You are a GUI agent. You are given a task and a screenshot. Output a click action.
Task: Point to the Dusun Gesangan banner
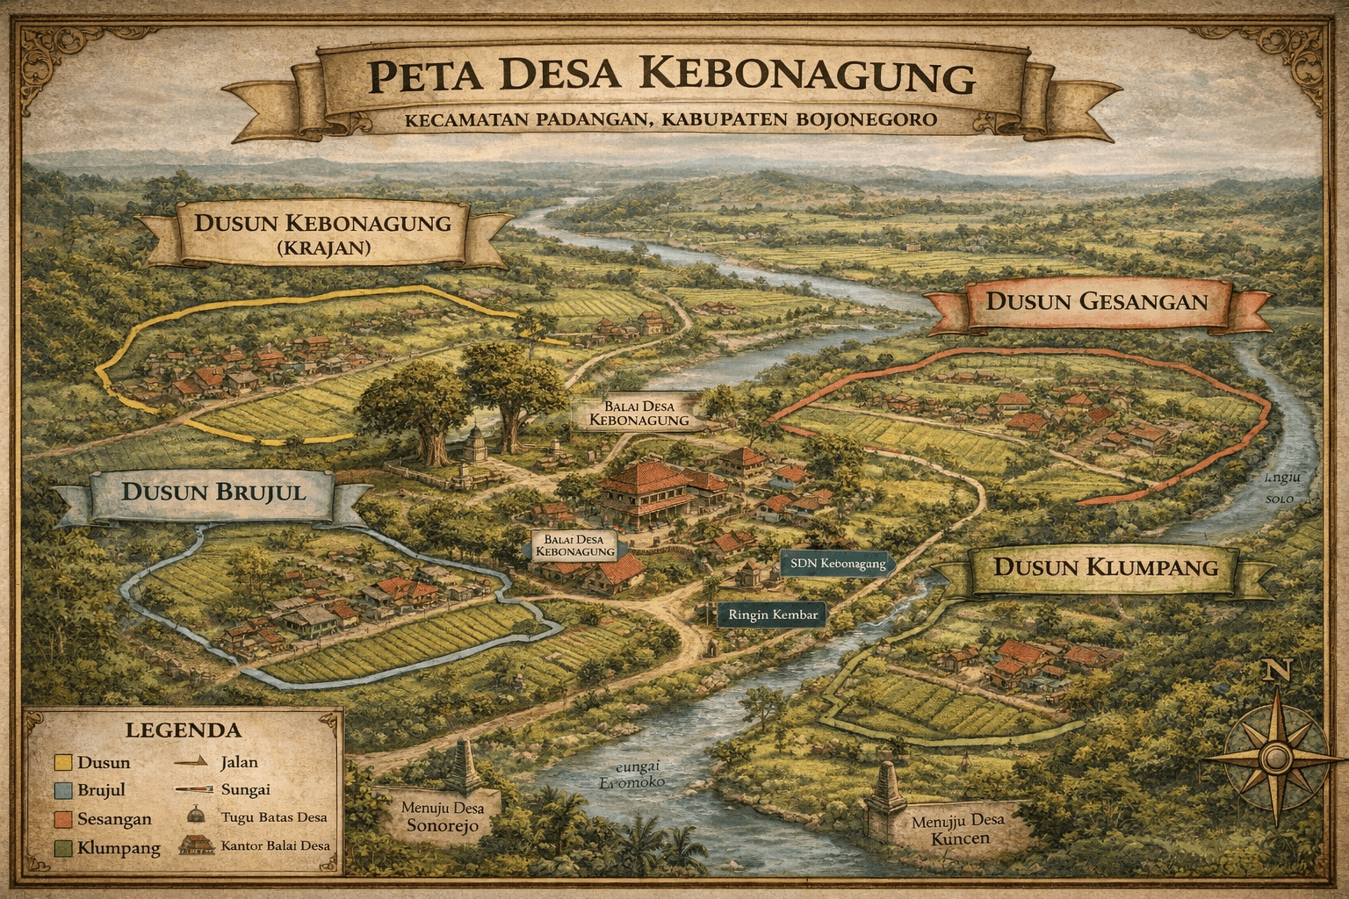(x=1096, y=301)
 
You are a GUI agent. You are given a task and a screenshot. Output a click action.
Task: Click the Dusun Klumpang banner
(x=1105, y=566)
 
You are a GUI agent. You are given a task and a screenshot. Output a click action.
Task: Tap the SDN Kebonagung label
(x=836, y=564)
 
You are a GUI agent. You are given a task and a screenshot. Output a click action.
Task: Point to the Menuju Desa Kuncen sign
(x=956, y=829)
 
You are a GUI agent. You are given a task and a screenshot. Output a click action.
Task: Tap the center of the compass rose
(x=1274, y=757)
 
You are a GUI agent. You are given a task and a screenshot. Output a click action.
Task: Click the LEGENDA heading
(x=183, y=730)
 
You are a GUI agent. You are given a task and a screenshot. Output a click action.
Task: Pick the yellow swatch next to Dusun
(x=62, y=762)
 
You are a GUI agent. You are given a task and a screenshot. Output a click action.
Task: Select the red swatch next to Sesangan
(x=62, y=819)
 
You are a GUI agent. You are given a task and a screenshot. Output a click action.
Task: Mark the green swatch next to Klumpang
(x=62, y=847)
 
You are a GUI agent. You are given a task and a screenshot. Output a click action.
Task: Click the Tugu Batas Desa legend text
(x=274, y=817)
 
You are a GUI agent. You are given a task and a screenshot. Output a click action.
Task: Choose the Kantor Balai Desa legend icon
(x=197, y=845)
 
